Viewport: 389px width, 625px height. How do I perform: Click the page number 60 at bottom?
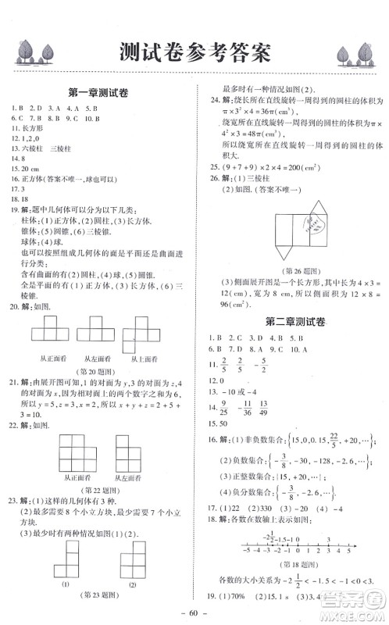194,615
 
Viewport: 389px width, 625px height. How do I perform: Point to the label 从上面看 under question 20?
147,358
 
